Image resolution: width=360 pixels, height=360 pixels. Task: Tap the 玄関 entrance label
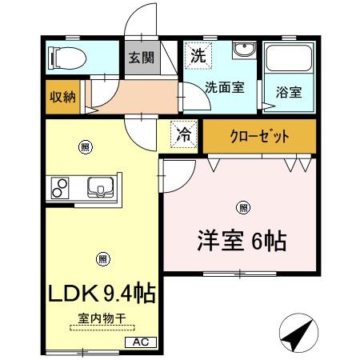pos(138,58)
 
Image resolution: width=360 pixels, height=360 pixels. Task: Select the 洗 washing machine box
pos(197,55)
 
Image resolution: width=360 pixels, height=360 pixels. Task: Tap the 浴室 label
pos(290,91)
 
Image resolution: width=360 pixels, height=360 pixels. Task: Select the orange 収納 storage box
pos(62,97)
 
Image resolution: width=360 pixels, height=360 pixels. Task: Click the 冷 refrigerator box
pos(184,135)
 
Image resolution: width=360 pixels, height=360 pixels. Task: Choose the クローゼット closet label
pos(259,136)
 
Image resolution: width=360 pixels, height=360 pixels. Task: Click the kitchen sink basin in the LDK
pos(101,186)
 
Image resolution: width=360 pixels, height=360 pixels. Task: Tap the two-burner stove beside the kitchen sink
pos(61,188)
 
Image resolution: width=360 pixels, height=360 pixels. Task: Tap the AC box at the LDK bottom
pos(142,342)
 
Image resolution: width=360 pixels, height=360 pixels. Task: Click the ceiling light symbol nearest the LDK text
pos(102,258)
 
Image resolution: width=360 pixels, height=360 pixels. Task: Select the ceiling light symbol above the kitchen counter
pos(84,146)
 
